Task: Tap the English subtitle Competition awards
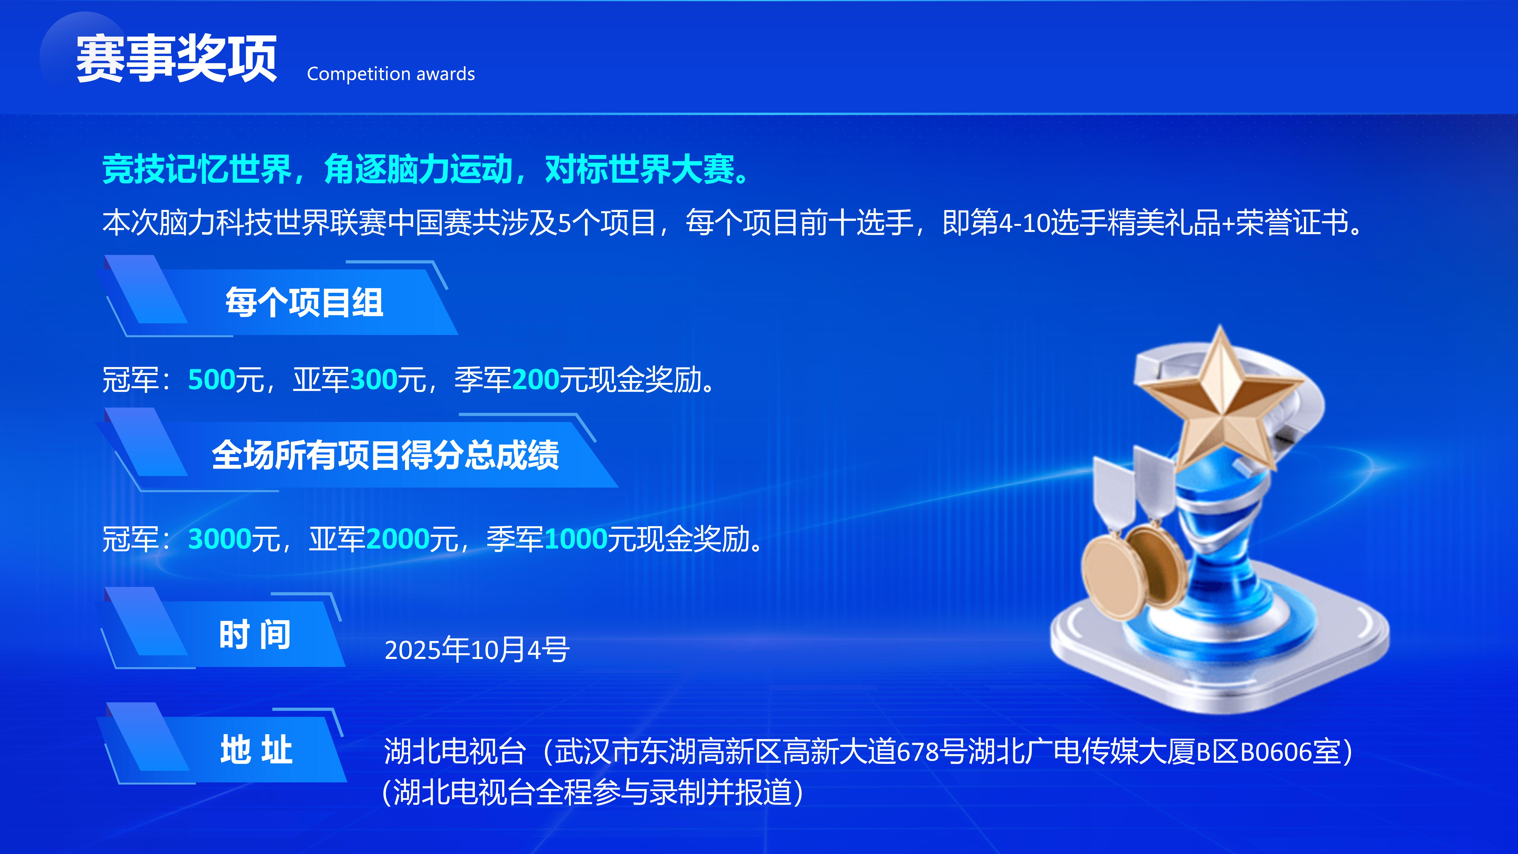coord(391,74)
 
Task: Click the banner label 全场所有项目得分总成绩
coord(385,455)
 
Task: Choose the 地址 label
coord(256,750)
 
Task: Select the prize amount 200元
coord(550,379)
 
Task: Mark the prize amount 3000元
coord(234,539)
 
